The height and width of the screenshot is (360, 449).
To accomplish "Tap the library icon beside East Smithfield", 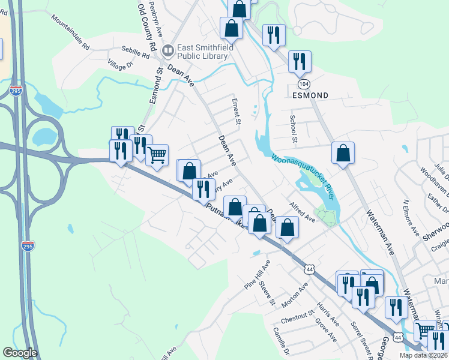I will tap(169, 49).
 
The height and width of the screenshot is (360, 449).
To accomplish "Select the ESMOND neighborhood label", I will tap(310, 95).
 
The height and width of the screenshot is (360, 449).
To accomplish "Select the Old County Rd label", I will tap(147, 27).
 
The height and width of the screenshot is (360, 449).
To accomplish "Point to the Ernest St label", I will tap(236, 113).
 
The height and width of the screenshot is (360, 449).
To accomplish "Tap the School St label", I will tap(294, 130).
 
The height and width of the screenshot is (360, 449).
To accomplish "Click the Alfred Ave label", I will tap(302, 212).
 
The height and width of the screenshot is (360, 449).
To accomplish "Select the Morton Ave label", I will tap(295, 295).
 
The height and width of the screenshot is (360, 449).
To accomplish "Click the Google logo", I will tap(20, 353).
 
